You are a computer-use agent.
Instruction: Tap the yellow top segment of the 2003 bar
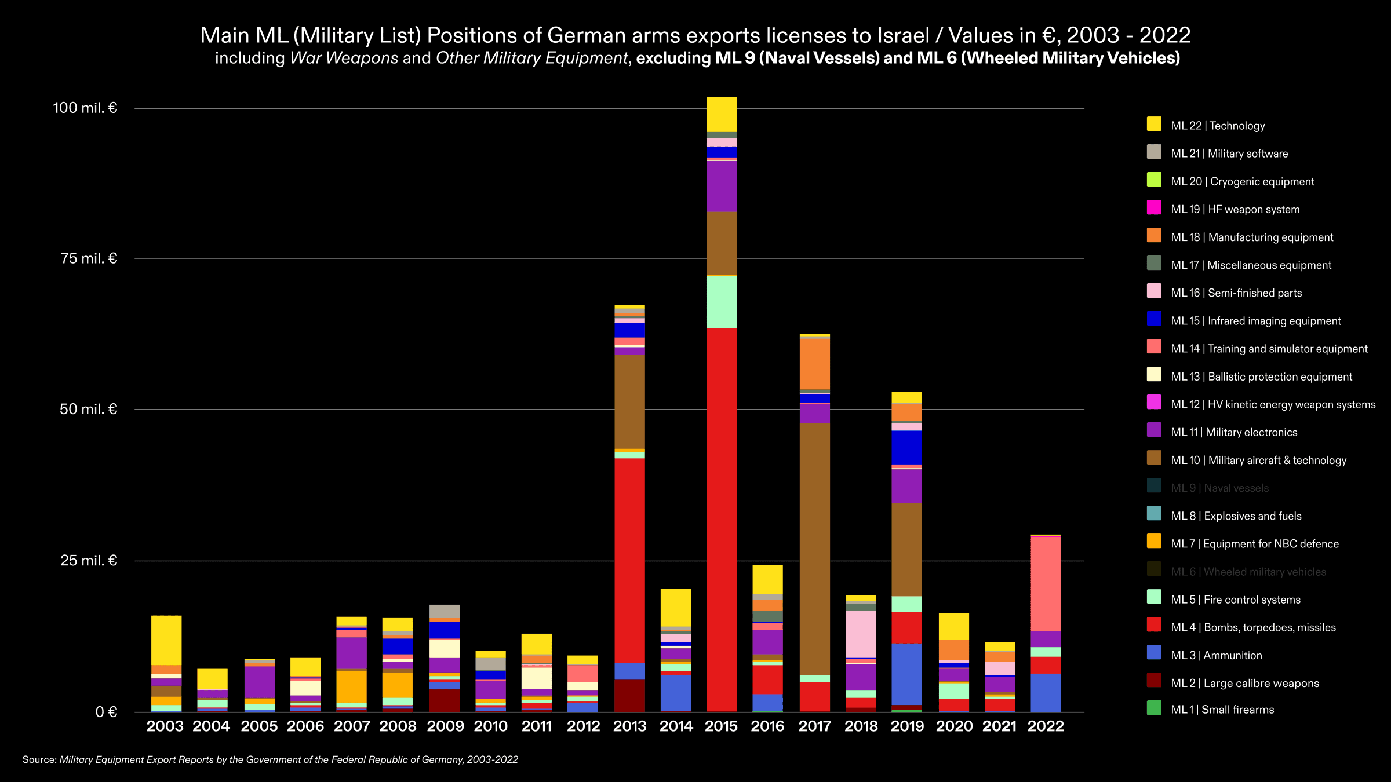(x=166, y=640)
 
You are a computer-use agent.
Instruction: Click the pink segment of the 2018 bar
(x=861, y=634)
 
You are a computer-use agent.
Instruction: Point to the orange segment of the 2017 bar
(x=814, y=364)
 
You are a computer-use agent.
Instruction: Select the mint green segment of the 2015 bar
(x=722, y=301)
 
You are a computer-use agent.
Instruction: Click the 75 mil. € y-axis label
(x=89, y=258)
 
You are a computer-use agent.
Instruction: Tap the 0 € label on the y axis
(x=106, y=712)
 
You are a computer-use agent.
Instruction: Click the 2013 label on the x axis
(x=629, y=726)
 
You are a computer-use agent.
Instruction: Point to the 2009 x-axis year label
(x=445, y=726)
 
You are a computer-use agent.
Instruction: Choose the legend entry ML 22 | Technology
(x=1217, y=126)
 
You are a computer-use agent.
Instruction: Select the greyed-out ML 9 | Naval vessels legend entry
(x=1219, y=488)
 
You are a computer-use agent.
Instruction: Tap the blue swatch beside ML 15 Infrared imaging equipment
(x=1154, y=319)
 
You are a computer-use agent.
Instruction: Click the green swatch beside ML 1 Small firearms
(x=1154, y=708)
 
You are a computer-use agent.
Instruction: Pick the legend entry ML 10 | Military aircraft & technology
(x=1258, y=460)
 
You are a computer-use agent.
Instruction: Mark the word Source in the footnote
(x=39, y=759)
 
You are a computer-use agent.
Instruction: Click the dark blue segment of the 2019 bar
(x=906, y=447)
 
